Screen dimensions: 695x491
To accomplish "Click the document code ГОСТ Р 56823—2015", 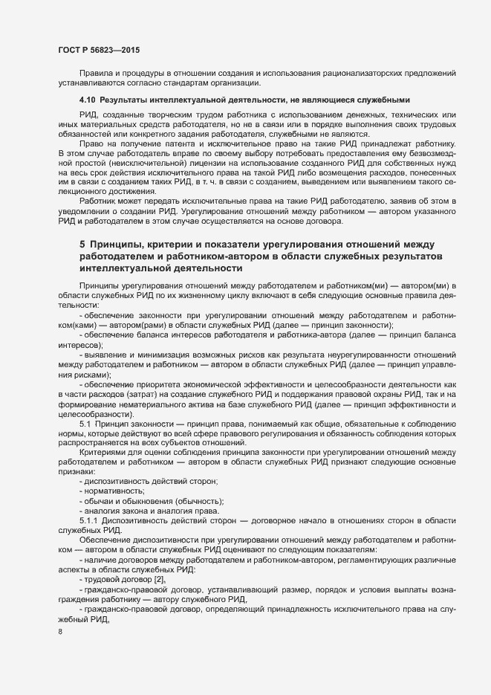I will pos(99,50).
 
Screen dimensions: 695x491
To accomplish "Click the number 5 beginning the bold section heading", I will pos(82,244).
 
